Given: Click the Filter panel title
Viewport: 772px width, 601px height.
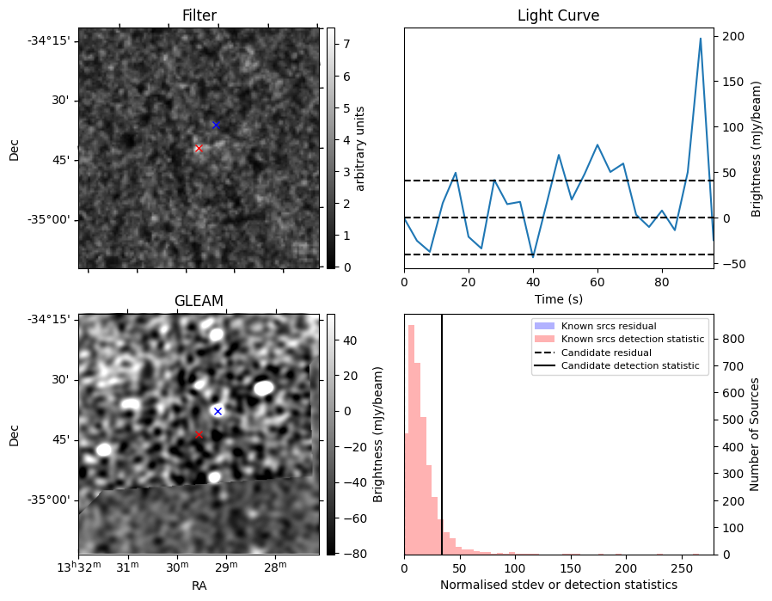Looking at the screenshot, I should (x=199, y=15).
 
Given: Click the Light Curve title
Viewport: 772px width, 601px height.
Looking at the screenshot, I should (x=558, y=15).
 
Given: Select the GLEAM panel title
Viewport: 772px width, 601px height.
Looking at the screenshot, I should (x=199, y=301).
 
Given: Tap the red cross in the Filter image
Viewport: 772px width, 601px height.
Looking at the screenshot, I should (x=199, y=149).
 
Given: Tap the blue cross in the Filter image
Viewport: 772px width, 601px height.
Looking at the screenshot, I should (x=216, y=126).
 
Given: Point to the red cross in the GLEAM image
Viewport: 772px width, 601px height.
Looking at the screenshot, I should (x=199, y=435).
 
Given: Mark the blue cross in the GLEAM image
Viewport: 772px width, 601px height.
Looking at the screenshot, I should (x=218, y=411).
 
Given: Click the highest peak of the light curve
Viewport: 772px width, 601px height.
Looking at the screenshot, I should (x=701, y=39).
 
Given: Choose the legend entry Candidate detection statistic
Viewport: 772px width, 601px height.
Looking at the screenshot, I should (x=632, y=366).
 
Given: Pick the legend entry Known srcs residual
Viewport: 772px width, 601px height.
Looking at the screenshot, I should (x=609, y=326).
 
